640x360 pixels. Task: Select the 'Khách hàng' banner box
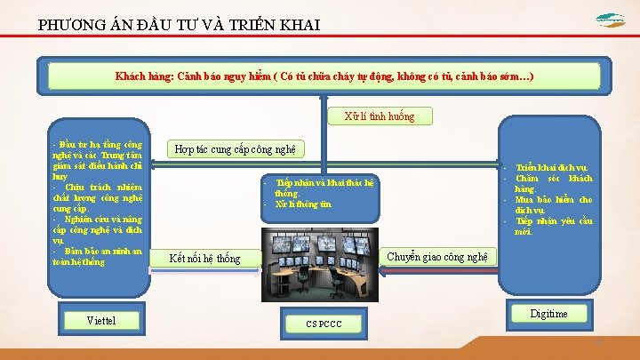click(x=324, y=76)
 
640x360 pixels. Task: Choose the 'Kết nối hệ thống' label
click(x=204, y=259)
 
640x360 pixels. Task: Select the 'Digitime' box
click(x=548, y=314)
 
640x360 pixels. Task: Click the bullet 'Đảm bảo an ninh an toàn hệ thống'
click(x=97, y=256)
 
